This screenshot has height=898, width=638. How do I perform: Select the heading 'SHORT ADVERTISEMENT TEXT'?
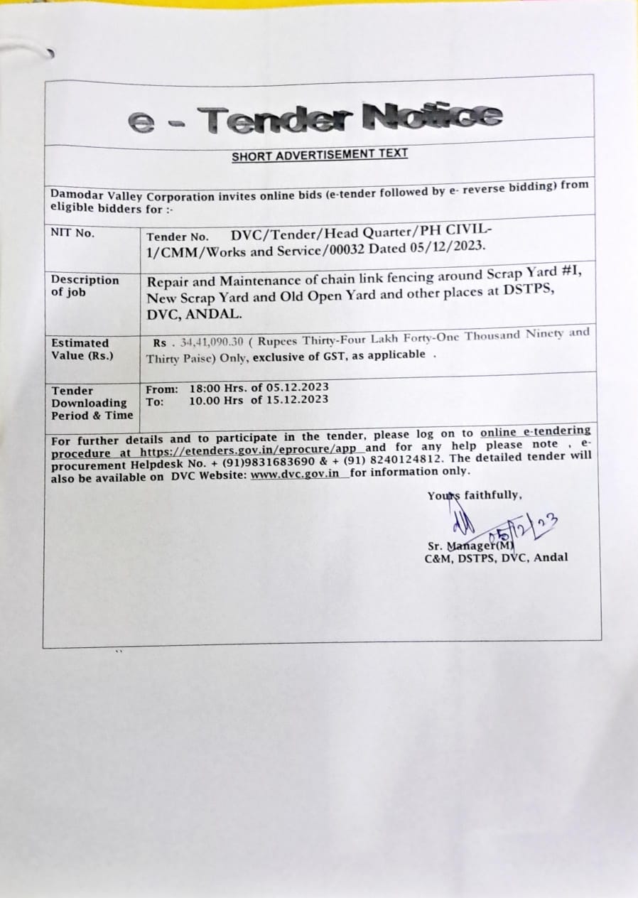pyautogui.click(x=320, y=154)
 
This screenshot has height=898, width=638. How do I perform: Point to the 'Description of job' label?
pyautogui.click(x=85, y=286)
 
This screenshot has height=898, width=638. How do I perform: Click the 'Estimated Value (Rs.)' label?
pyautogui.click(x=80, y=349)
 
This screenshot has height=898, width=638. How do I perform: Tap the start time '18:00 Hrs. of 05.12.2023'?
pyautogui.click(x=259, y=388)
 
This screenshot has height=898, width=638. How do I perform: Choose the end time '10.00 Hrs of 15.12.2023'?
pyautogui.click(x=259, y=399)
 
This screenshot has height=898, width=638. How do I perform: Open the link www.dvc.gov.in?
pyautogui.click(x=295, y=474)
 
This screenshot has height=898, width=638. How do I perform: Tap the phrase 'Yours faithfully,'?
pyautogui.click(x=475, y=496)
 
